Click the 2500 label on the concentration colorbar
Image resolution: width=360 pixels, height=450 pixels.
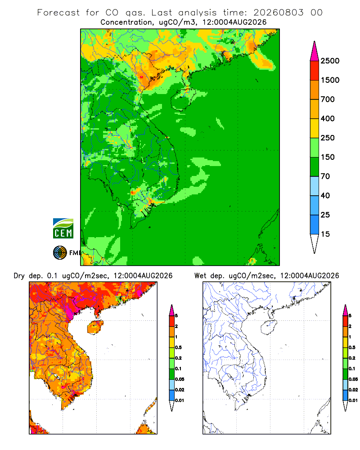coord(330,61)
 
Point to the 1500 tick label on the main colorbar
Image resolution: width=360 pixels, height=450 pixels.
coord(330,80)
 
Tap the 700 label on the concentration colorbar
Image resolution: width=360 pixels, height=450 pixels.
coord(328,99)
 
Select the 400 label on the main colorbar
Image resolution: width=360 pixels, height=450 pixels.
coord(328,118)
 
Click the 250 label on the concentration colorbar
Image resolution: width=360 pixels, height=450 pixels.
coord(328,138)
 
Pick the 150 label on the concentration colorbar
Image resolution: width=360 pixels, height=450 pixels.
coord(328,157)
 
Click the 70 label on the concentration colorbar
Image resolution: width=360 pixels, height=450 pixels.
coord(325,176)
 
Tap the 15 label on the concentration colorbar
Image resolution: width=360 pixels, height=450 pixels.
coord(325,234)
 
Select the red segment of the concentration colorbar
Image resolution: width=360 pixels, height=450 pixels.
coord(315,71)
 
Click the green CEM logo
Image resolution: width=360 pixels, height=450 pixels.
coord(63,229)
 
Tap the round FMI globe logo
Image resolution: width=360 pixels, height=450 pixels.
coord(60,253)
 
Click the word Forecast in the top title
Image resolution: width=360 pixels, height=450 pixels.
coord(58,13)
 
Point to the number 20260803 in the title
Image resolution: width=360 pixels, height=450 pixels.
coord(278,13)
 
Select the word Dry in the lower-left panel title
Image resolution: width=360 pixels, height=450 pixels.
coord(19,276)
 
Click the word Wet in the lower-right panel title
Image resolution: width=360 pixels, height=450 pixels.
coord(200,276)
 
